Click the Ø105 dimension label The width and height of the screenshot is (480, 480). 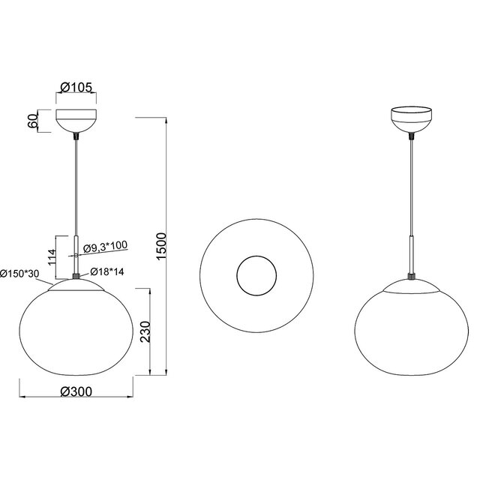pos(75,88)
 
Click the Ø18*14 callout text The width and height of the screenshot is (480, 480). pos(106,273)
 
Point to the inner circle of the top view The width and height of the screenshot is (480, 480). pos(257,275)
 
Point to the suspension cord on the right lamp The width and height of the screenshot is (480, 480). pos(411,187)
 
